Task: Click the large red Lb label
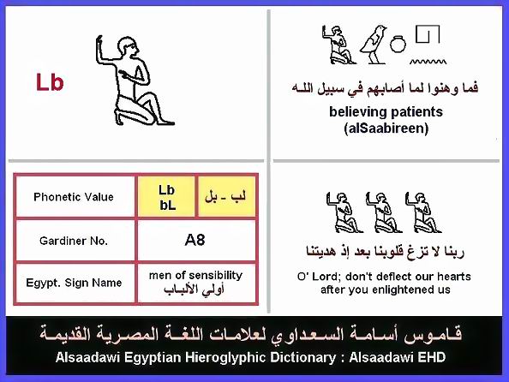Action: click(50, 82)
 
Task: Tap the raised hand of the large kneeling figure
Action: click(99, 43)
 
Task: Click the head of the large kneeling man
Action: click(128, 48)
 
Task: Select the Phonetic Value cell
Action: click(75, 197)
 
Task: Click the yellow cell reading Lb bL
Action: click(167, 197)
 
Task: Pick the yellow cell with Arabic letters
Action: click(226, 197)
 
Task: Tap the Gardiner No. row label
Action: click(74, 241)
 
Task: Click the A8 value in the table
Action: click(195, 240)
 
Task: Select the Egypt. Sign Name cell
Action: click(75, 283)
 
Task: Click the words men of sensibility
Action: click(195, 276)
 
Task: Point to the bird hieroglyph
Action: click(374, 45)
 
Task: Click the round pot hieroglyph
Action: click(398, 44)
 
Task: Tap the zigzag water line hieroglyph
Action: click(428, 62)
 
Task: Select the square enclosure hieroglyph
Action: click(428, 34)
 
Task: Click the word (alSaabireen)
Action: click(386, 128)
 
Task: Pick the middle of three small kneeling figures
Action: click(383, 212)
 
